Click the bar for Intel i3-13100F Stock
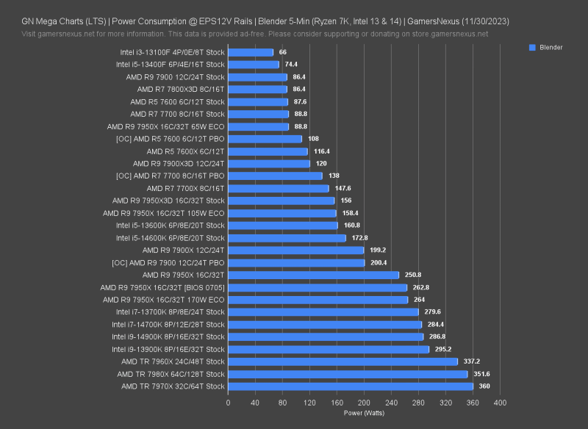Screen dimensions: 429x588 click(251, 52)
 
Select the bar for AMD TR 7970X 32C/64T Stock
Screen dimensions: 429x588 click(350, 386)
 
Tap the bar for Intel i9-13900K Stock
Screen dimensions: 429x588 click(328, 349)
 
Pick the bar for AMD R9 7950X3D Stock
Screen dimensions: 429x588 click(281, 201)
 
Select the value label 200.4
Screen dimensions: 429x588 click(379, 262)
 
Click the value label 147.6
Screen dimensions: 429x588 click(344, 188)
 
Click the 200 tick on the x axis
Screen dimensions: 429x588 click(364, 403)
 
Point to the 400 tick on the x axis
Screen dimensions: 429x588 click(500, 403)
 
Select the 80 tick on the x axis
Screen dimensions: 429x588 click(282, 403)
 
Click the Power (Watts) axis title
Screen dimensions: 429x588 click(364, 413)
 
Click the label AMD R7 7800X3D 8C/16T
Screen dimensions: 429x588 click(181, 89)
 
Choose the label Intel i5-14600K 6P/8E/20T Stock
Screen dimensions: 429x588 click(171, 238)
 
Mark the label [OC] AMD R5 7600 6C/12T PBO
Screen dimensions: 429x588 click(171, 139)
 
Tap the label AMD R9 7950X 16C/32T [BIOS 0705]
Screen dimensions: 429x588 click(162, 287)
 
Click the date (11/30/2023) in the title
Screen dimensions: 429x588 click(482, 21)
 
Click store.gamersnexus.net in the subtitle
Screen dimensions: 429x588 click(443, 34)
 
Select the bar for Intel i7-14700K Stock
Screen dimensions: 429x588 click(325, 324)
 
